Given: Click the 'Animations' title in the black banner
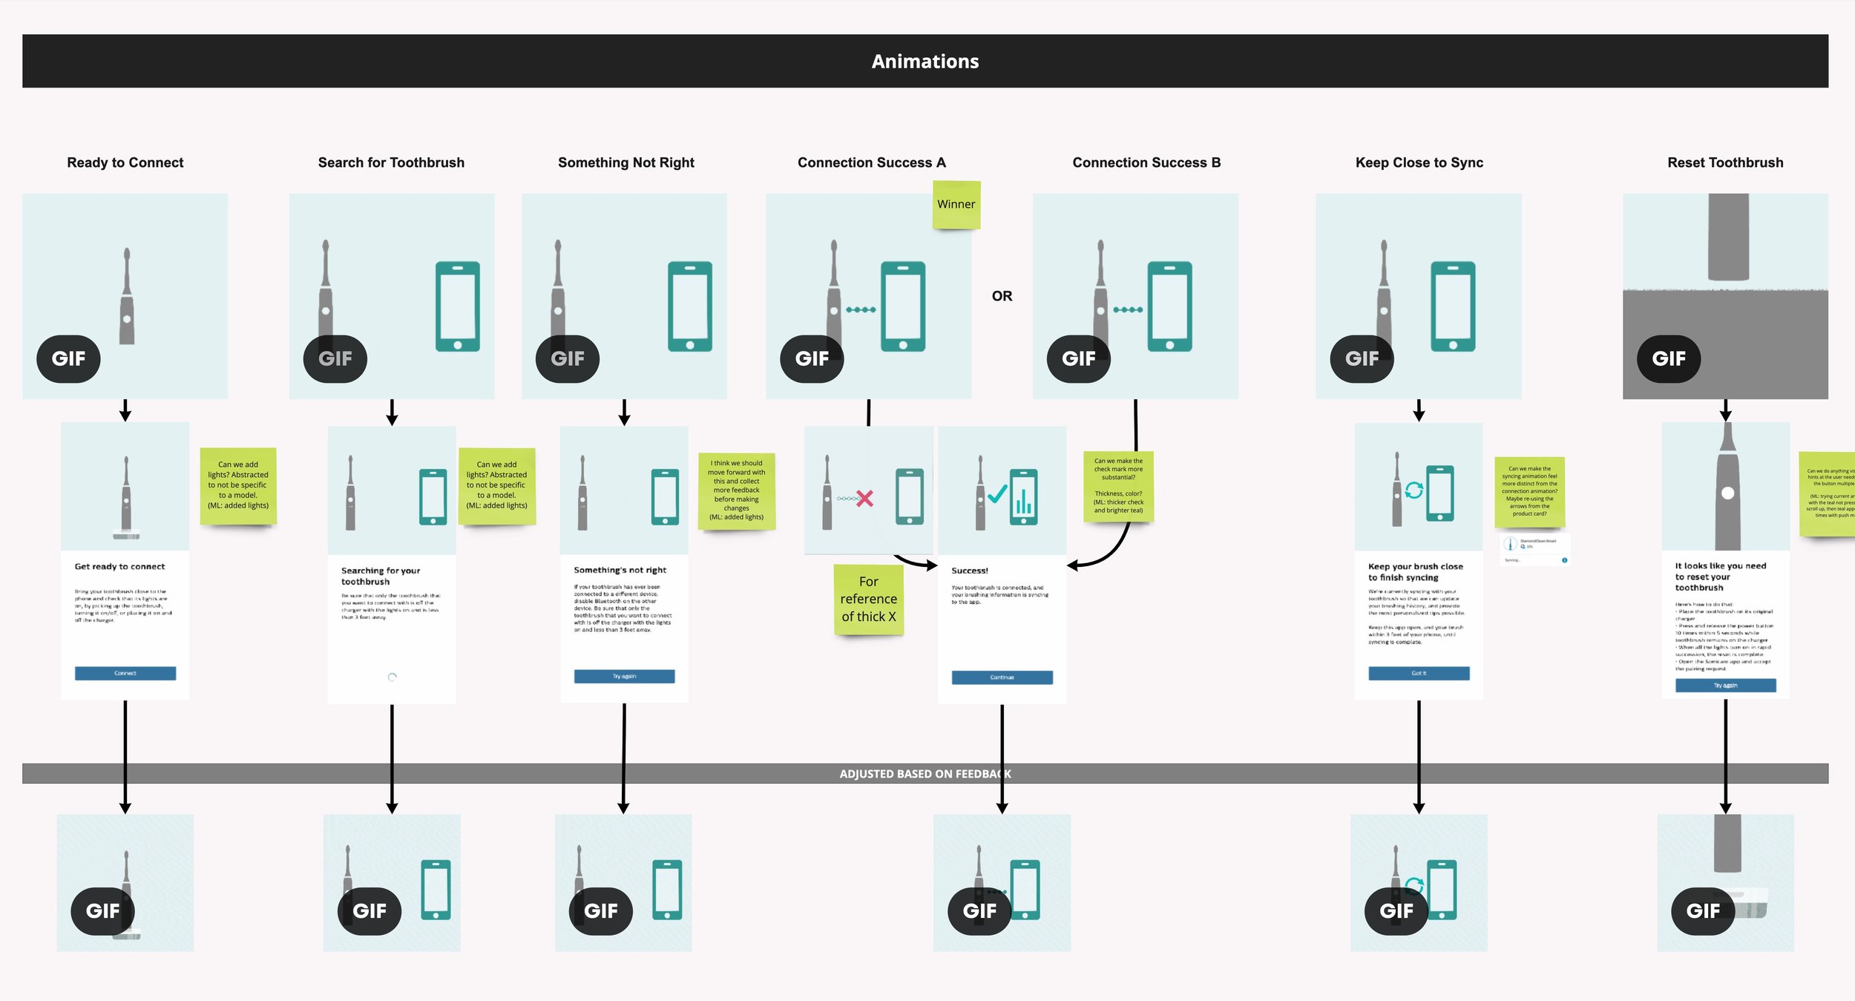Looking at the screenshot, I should [x=925, y=62].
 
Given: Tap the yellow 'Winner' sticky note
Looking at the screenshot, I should [x=956, y=204].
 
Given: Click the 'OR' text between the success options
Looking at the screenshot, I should [x=1002, y=296].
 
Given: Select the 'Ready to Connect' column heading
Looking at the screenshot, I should [x=125, y=163].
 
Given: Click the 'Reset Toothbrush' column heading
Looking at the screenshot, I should [x=1725, y=163].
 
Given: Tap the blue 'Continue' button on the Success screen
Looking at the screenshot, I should [x=1002, y=677].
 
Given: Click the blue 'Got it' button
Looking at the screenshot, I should [x=1419, y=673].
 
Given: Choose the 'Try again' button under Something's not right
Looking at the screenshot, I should [x=624, y=676].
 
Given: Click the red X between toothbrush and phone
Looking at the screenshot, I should [x=864, y=498].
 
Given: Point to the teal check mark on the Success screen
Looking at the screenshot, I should [x=997, y=493].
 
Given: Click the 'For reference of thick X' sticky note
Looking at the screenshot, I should [x=868, y=599].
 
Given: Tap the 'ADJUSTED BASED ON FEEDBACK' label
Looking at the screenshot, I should [x=925, y=774].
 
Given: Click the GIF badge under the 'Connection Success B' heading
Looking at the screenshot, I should [x=1078, y=359].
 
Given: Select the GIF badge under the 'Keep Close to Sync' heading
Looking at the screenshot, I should [x=1362, y=359].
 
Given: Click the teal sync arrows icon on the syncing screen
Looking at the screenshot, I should [x=1414, y=490].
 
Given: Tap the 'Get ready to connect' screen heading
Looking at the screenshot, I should [x=119, y=567].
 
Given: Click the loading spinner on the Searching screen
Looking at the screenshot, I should [x=393, y=677].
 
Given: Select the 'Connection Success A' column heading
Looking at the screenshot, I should [x=871, y=163].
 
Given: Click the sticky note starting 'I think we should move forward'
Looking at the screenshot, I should [x=736, y=490].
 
